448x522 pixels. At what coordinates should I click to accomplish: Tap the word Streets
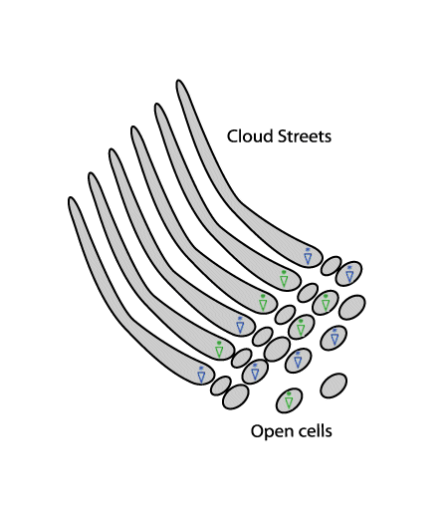[x=305, y=136]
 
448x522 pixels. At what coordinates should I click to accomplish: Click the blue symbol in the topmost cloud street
[x=308, y=256]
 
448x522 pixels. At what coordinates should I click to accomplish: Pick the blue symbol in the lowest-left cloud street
[x=201, y=375]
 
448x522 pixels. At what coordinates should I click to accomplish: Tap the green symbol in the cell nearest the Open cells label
[x=289, y=400]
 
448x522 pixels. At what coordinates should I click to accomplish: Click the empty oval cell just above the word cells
[x=334, y=386]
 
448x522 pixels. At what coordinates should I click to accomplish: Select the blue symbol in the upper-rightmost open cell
[x=349, y=274]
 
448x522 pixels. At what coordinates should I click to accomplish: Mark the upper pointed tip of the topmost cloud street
[x=178, y=81]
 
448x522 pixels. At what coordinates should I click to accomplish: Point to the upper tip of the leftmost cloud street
[x=71, y=198]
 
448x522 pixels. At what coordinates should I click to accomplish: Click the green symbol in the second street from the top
[x=284, y=279]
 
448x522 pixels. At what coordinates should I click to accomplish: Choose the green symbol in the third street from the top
[x=263, y=303]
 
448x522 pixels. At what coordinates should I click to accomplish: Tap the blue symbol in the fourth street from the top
[x=240, y=325]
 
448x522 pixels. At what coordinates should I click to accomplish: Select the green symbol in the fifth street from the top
[x=219, y=350]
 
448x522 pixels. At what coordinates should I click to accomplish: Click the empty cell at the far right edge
[x=352, y=307]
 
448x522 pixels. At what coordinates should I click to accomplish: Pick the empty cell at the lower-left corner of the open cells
[x=236, y=396]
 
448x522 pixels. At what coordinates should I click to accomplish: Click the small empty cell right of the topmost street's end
[x=332, y=266]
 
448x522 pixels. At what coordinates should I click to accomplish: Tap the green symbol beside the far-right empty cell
[x=326, y=303]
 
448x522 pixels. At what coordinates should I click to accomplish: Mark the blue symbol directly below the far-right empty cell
[x=335, y=338]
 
